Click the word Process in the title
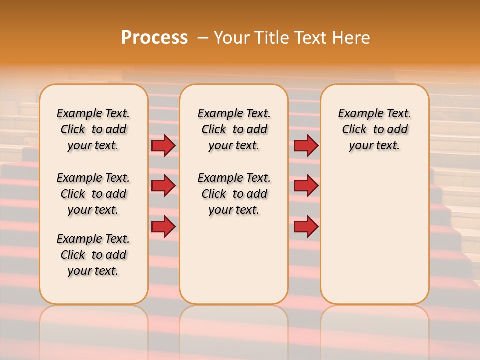pyautogui.click(x=154, y=38)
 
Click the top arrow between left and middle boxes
pyautogui.click(x=163, y=145)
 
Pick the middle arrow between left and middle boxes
pyautogui.click(x=163, y=186)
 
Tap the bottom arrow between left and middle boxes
pyautogui.click(x=163, y=226)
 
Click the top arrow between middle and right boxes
pyautogui.click(x=306, y=145)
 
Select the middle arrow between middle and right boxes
pyautogui.click(x=306, y=186)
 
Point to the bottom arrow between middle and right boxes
pyautogui.click(x=306, y=226)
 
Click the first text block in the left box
pyautogui.click(x=93, y=129)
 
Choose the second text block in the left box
pyautogui.click(x=93, y=194)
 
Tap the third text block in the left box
pyautogui.click(x=93, y=255)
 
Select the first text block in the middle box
pyautogui.click(x=234, y=129)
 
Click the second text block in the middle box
pyautogui.click(x=234, y=194)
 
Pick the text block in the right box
pyautogui.click(x=374, y=129)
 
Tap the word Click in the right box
pyautogui.click(x=354, y=130)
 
